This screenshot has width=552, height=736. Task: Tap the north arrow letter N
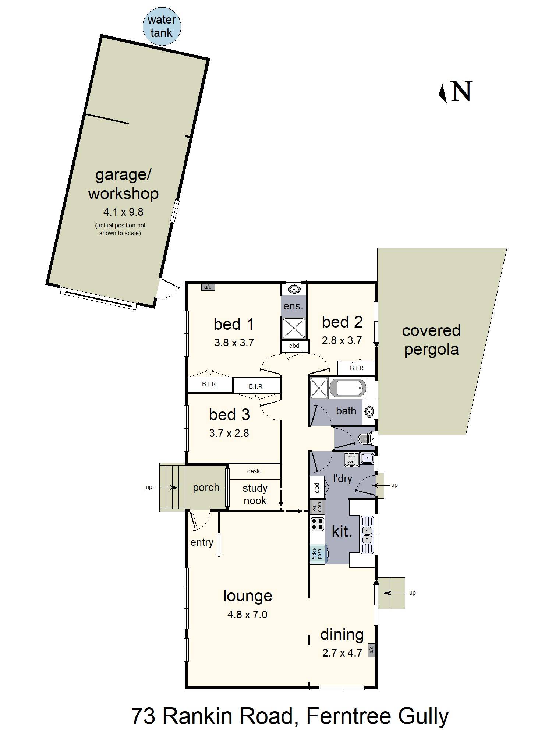(461, 92)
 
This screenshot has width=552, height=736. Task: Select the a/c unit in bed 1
(208, 287)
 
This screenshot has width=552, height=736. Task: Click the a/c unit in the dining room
(371, 650)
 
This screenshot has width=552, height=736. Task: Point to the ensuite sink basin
(294, 289)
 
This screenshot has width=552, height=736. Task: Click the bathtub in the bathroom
(348, 388)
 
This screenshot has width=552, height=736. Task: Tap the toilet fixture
(365, 439)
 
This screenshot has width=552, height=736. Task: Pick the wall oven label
(317, 507)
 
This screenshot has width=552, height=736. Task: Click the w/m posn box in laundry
(351, 460)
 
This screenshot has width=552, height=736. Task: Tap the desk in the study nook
(254, 471)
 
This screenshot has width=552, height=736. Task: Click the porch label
(206, 487)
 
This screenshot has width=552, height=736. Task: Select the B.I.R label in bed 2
(357, 368)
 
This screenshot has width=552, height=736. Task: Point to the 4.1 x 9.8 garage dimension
(123, 212)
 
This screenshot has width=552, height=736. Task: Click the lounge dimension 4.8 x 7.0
(247, 615)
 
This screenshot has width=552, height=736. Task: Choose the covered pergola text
(431, 340)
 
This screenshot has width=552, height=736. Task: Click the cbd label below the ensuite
(294, 346)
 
